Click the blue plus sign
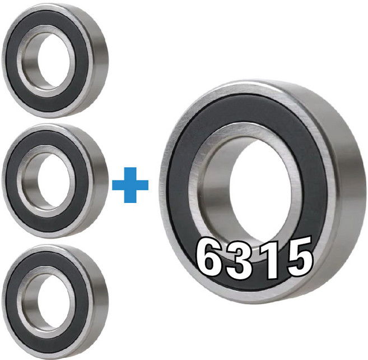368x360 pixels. coord(131,185)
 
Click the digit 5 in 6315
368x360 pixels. coord(300,256)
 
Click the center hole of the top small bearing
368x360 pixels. coord(54,61)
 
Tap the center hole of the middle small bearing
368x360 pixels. coord(54,181)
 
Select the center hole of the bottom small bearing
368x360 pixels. coord(54,302)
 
